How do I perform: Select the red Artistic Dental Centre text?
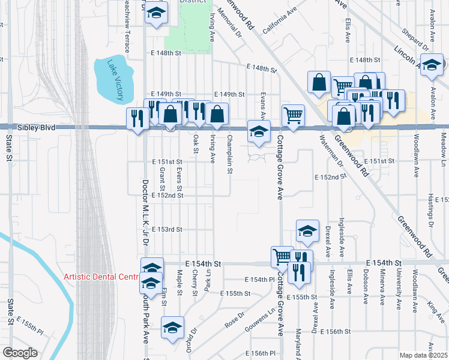point(101,277)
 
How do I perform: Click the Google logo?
point(20,353)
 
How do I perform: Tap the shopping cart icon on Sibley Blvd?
point(293,115)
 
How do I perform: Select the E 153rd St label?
point(166,230)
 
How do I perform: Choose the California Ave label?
point(279,23)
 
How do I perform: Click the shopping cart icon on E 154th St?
point(282,256)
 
